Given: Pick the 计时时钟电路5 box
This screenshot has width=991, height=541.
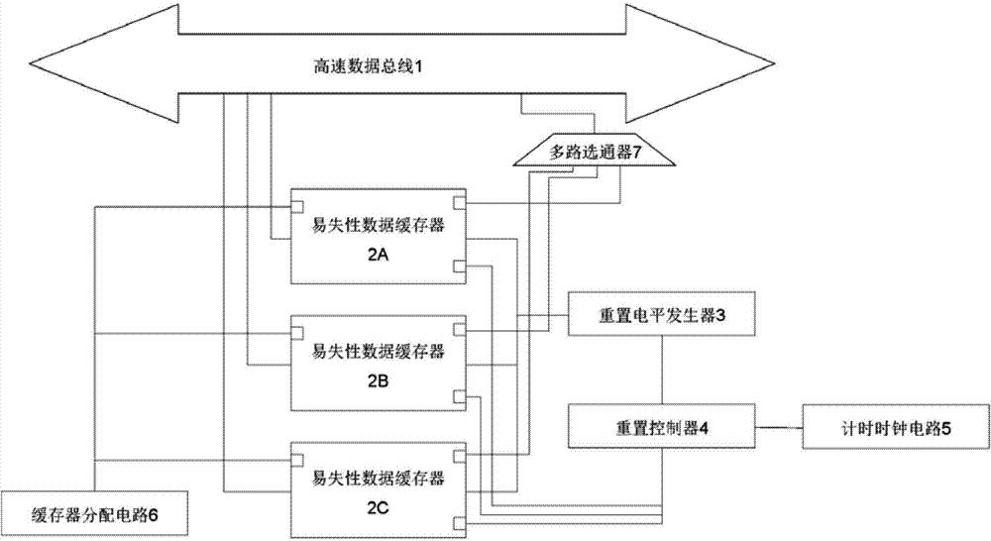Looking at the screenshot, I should [x=895, y=427].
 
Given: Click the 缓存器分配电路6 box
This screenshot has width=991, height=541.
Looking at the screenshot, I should [x=95, y=513].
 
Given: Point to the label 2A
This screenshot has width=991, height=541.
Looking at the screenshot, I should [x=377, y=256].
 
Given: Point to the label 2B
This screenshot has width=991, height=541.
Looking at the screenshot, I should [x=377, y=378].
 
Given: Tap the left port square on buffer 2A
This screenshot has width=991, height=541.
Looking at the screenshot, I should [x=295, y=206].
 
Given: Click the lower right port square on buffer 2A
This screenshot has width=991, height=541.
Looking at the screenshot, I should [x=458, y=266].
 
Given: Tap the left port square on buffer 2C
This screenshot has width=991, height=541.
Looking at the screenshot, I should [x=295, y=459].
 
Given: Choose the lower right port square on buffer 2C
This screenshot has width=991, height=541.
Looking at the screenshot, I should [x=458, y=521].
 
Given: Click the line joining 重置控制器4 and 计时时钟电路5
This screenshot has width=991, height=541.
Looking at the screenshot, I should [x=780, y=427].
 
